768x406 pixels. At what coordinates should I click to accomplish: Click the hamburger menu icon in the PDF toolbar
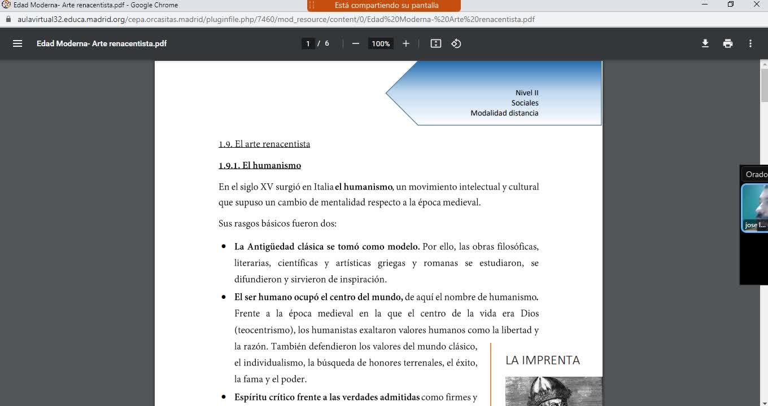click(x=18, y=43)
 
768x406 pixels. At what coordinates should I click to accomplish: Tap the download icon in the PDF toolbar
click(x=705, y=43)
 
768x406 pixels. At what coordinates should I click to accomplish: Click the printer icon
click(x=728, y=43)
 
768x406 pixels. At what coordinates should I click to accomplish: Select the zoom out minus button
click(x=356, y=43)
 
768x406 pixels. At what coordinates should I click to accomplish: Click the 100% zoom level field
click(x=381, y=43)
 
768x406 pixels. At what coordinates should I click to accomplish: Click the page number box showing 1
click(x=308, y=43)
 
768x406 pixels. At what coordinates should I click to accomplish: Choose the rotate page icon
click(x=456, y=43)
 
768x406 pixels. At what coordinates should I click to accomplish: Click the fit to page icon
click(x=436, y=43)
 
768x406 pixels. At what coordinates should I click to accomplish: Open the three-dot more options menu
click(x=750, y=43)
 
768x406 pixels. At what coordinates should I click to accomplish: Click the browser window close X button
click(x=757, y=5)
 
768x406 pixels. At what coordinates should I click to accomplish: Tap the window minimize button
click(x=705, y=5)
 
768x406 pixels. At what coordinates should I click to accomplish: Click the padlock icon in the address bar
click(x=8, y=19)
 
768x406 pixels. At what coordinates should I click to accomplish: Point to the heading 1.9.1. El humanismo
click(x=260, y=165)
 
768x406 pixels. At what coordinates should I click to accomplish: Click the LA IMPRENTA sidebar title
click(x=543, y=360)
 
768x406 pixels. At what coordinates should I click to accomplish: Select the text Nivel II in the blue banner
click(x=527, y=92)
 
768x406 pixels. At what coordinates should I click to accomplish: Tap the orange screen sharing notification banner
click(x=384, y=6)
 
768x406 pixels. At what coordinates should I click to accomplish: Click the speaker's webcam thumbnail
click(x=756, y=208)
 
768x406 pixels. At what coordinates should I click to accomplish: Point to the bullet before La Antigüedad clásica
click(x=224, y=247)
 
